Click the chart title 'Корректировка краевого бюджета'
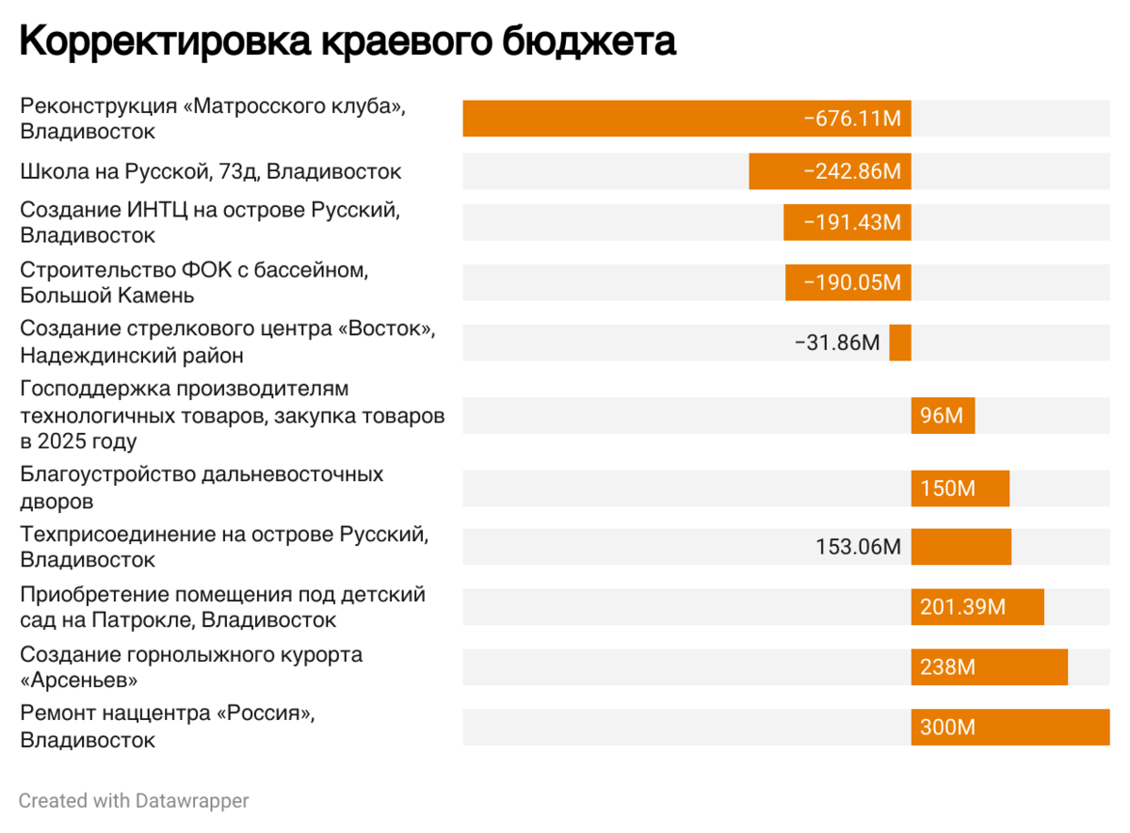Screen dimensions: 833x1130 [x=347, y=42]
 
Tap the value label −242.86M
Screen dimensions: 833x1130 [x=852, y=171]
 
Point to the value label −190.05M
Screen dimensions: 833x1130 [x=852, y=282]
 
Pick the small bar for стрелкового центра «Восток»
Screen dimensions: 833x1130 [x=900, y=343]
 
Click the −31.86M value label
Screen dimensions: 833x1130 [x=836, y=343]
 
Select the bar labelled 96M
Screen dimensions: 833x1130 [x=943, y=416]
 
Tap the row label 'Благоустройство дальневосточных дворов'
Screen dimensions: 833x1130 [x=202, y=488]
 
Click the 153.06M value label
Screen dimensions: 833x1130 [x=858, y=547]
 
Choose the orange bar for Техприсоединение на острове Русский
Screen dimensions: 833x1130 [x=960, y=547]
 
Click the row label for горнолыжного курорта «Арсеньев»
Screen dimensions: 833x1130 [x=191, y=666]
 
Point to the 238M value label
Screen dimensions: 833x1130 [x=947, y=667]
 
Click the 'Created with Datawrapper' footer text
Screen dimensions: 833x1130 [x=134, y=801]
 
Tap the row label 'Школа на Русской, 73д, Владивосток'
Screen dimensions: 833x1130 [x=211, y=171]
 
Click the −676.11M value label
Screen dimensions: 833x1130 [x=852, y=119]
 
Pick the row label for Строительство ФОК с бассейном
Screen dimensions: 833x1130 [x=193, y=282]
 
